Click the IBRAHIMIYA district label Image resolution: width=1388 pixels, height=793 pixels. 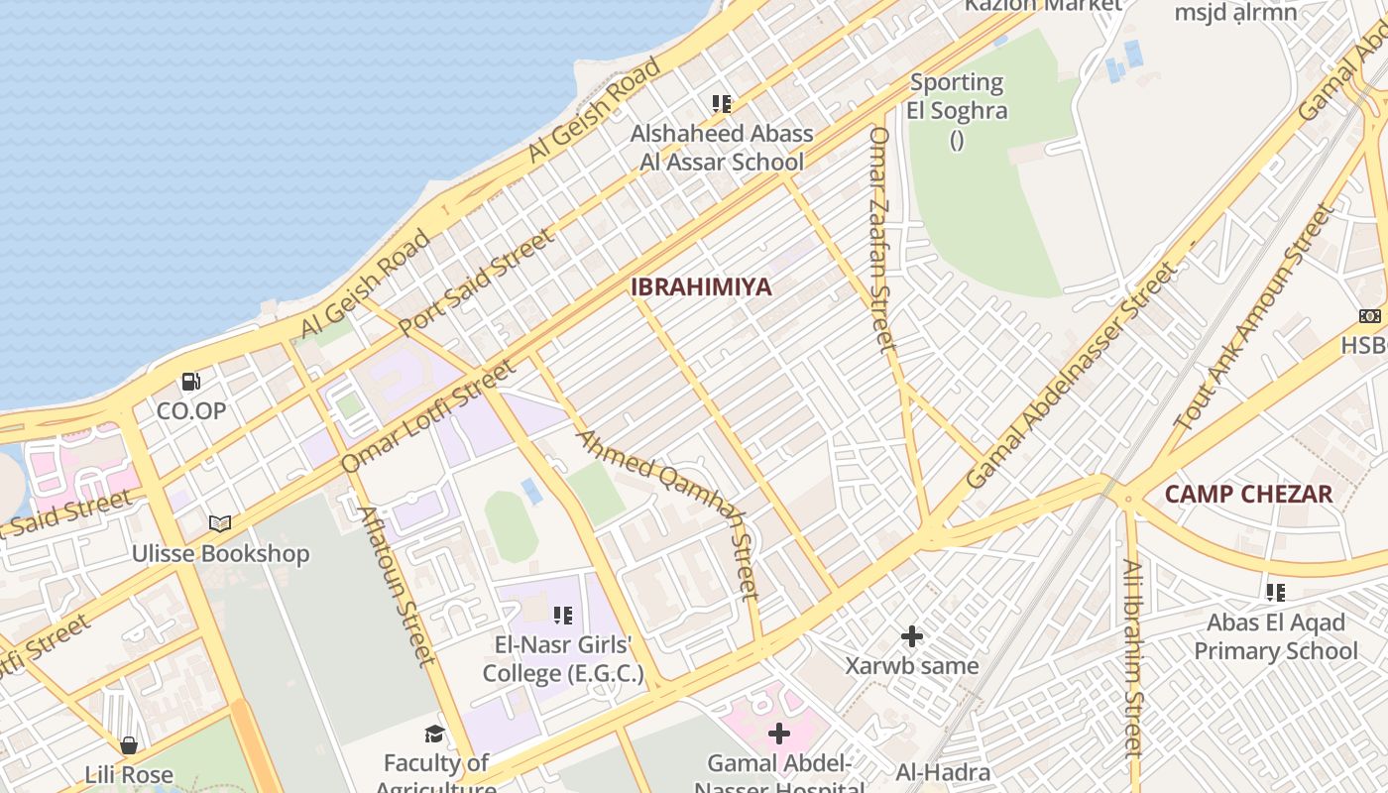click(x=701, y=287)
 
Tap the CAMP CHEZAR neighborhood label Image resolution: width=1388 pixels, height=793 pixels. click(x=1248, y=494)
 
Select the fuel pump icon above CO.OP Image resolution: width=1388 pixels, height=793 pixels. click(x=191, y=381)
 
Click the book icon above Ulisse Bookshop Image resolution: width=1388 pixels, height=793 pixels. click(x=219, y=523)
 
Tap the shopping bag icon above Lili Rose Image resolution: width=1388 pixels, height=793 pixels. click(x=129, y=744)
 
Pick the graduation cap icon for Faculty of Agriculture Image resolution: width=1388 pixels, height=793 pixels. click(x=434, y=734)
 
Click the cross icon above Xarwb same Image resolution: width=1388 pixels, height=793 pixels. click(x=912, y=635)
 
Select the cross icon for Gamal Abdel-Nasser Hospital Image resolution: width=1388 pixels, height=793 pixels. click(x=779, y=734)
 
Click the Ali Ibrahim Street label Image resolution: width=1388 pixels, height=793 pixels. click(x=1133, y=658)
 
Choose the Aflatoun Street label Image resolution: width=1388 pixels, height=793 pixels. click(x=397, y=585)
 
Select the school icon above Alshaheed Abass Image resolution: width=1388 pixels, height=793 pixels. click(x=722, y=103)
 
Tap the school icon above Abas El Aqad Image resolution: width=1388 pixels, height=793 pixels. click(x=1275, y=593)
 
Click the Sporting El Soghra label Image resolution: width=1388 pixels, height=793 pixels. click(x=957, y=96)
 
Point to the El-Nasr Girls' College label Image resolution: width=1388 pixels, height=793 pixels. click(x=562, y=660)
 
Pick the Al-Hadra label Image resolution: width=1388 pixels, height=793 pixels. click(x=943, y=773)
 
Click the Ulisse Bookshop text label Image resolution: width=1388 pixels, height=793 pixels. click(x=221, y=553)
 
